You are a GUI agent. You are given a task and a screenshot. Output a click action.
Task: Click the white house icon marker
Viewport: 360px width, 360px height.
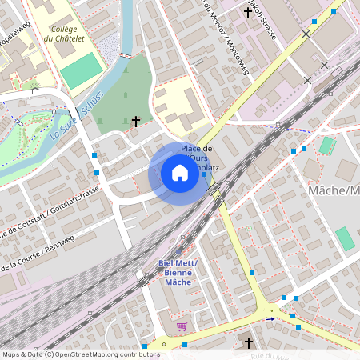(x=179, y=173)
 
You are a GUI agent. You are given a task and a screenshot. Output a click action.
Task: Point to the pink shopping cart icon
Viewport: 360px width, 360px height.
(x=182, y=326)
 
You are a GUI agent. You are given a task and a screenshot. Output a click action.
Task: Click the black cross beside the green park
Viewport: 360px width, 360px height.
(x=136, y=122)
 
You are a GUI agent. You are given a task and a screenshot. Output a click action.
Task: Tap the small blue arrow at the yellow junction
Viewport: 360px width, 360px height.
(x=270, y=318)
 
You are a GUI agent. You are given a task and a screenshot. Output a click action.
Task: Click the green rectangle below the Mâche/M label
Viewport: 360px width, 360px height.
(x=344, y=238)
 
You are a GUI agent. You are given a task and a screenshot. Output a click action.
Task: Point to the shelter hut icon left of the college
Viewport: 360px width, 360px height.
(x=34, y=90)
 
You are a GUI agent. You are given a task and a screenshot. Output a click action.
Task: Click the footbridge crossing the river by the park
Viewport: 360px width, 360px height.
(x=125, y=55)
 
